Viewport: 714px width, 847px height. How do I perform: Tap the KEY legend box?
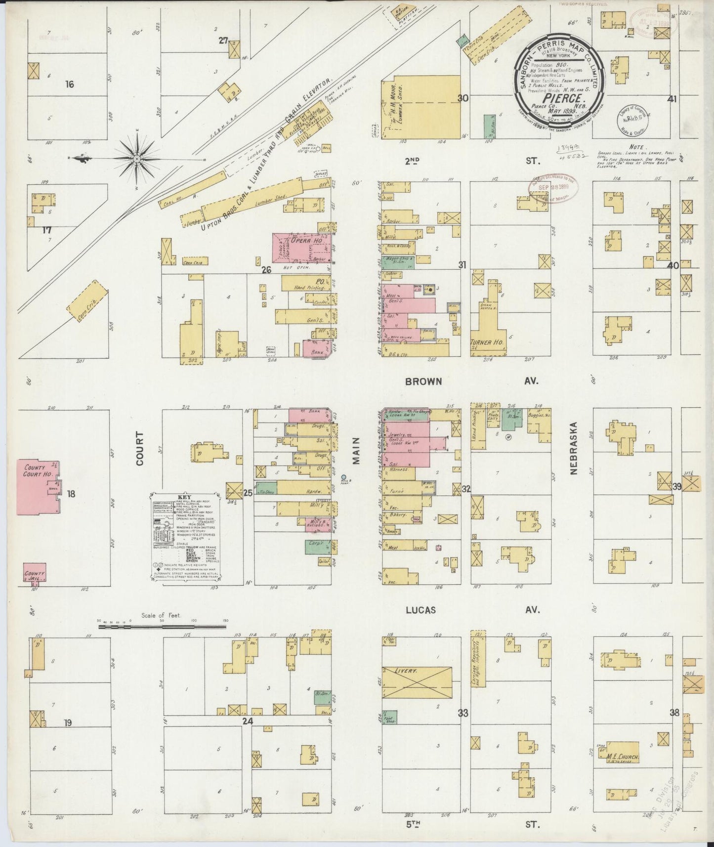click(185, 536)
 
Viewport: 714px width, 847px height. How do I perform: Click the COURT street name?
click(140, 448)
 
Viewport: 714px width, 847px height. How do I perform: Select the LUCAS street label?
click(420, 610)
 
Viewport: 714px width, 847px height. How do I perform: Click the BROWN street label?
click(423, 381)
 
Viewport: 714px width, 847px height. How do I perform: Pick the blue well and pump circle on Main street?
click(344, 477)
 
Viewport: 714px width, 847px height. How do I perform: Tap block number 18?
click(71, 493)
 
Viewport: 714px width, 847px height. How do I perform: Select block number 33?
click(462, 713)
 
